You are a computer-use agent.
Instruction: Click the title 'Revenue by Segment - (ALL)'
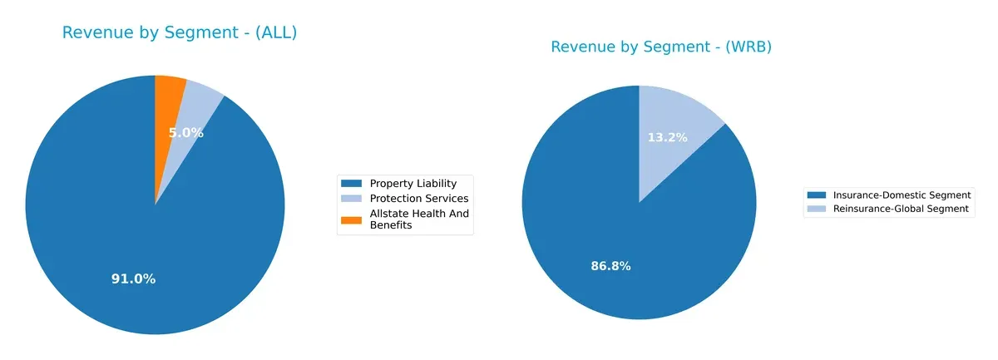click(x=179, y=33)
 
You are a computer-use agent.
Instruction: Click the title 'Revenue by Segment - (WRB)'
click(x=661, y=47)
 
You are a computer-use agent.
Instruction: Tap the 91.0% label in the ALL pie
click(x=133, y=279)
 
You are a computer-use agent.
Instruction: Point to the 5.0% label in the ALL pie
click(x=185, y=133)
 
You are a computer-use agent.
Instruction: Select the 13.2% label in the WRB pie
click(x=668, y=137)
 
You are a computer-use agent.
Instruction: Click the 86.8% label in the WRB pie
click(x=610, y=266)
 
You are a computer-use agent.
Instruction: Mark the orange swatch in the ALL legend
click(x=353, y=219)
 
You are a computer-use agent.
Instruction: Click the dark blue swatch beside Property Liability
click(x=353, y=183)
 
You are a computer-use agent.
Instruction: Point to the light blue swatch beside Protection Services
click(x=353, y=199)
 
